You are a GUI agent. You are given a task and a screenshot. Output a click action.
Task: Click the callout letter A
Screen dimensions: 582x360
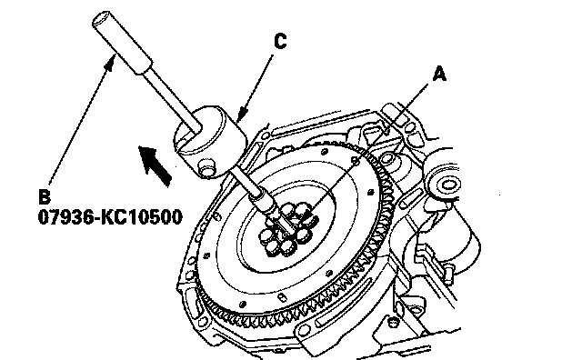(x=439, y=74)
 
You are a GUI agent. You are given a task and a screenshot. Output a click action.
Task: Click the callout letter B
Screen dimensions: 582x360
(x=45, y=196)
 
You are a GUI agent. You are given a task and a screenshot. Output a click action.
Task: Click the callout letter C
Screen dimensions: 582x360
(x=281, y=41)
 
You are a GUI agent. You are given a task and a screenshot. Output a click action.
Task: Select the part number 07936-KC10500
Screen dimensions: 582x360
(x=110, y=216)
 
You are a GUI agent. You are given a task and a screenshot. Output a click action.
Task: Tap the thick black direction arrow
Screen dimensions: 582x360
(x=155, y=165)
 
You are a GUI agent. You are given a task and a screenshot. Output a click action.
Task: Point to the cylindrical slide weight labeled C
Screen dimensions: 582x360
(x=211, y=140)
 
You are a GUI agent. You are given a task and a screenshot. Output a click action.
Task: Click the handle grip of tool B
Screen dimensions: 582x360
(x=122, y=43)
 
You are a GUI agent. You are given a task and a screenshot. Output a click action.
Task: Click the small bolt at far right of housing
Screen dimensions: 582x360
(x=448, y=273)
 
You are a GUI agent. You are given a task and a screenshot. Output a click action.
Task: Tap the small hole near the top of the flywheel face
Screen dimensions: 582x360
(x=325, y=152)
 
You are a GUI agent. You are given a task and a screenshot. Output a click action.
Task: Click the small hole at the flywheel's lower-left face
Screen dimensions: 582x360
(x=206, y=255)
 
